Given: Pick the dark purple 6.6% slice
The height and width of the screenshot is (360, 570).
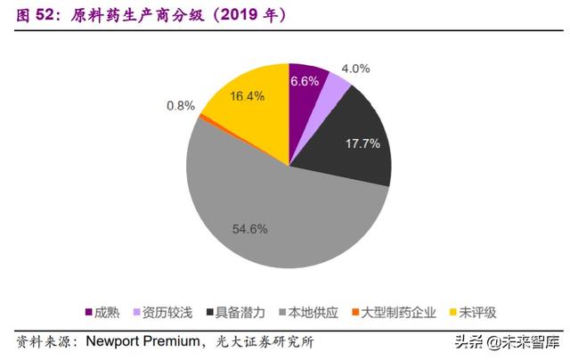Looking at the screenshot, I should click(x=305, y=85).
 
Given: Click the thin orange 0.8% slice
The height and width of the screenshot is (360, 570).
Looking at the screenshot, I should click(x=204, y=116).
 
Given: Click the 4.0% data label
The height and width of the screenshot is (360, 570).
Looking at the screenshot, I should click(x=356, y=69).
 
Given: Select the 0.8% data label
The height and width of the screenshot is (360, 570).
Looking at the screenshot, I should click(x=181, y=105).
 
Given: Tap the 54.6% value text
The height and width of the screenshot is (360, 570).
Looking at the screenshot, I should click(x=250, y=229).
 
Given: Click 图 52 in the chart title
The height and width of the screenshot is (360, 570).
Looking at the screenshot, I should click(x=33, y=16).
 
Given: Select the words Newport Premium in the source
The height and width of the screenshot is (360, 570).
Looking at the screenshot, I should click(x=143, y=342).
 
